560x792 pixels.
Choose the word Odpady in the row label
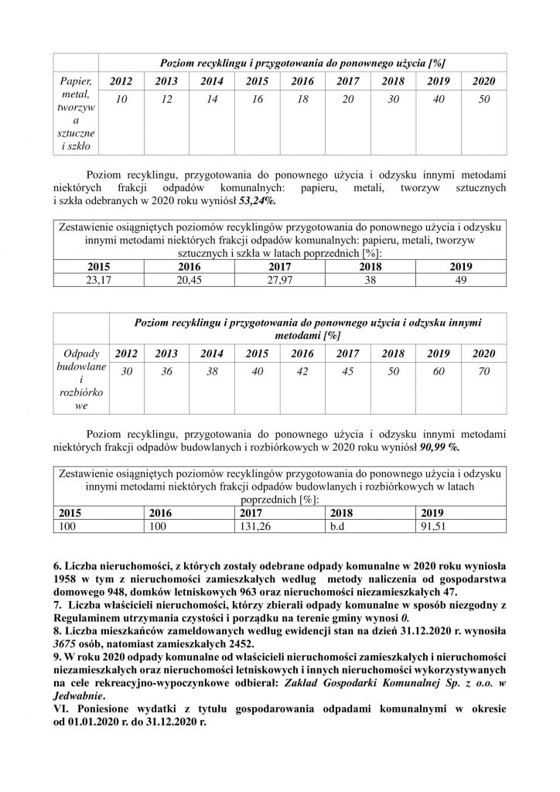[76, 353]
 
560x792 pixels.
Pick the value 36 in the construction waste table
[166, 372]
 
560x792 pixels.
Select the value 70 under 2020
[483, 372]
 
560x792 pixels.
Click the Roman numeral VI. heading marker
[60, 708]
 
